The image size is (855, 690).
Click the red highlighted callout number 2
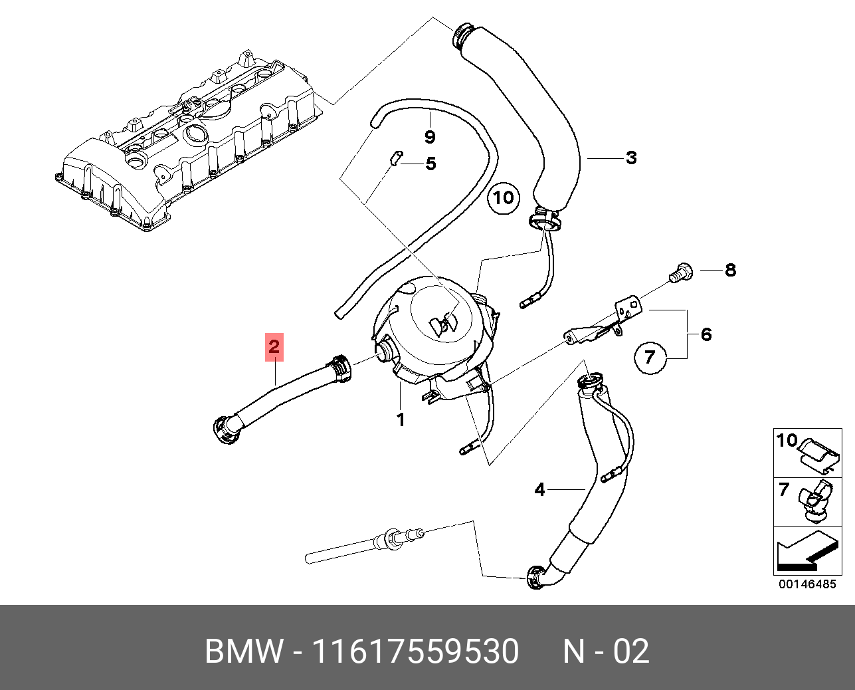coord(274,346)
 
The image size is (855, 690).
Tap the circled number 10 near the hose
coord(504,197)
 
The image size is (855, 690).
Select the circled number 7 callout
coord(650,358)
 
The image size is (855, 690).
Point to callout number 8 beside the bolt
coord(730,270)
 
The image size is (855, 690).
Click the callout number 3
coord(630,158)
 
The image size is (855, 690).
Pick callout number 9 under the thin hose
coord(430,137)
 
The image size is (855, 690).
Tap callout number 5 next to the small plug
coord(430,164)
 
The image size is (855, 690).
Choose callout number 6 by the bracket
coord(706,334)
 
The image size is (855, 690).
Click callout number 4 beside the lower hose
coord(539,490)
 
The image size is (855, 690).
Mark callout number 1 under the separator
coord(401,420)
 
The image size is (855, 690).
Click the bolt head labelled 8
coord(680,273)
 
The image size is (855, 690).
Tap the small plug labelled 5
coord(394,158)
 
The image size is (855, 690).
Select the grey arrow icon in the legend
coord(805,552)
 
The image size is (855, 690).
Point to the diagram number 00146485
coord(807,584)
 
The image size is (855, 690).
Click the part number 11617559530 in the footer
coord(415,651)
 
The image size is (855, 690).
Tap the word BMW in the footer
coord(244,651)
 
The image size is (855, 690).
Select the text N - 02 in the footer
coord(606,651)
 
